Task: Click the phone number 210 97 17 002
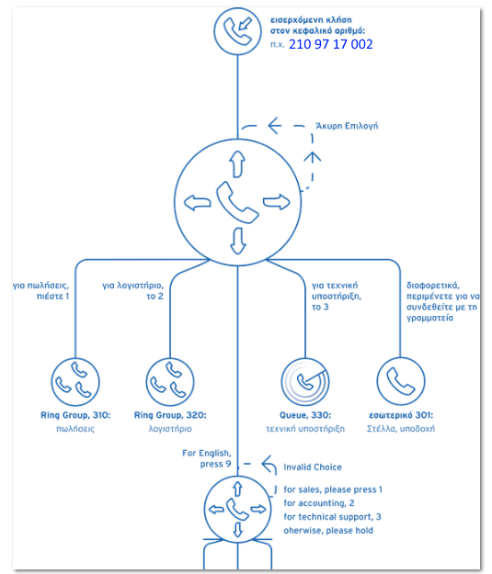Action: [331, 44]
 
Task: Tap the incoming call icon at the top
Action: [237, 31]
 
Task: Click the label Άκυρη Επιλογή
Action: [347, 126]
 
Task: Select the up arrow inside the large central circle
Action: [237, 164]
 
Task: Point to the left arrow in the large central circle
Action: [197, 203]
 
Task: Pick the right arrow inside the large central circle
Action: [277, 202]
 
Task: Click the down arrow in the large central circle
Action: [237, 241]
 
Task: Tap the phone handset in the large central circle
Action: [237, 202]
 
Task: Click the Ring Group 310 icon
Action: [75, 382]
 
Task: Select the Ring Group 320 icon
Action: [170, 382]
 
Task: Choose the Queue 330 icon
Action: [305, 382]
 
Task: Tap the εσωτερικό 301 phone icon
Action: [401, 381]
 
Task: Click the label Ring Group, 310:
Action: [75, 415]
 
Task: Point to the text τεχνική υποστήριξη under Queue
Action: [305, 429]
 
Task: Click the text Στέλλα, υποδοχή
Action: [401, 429]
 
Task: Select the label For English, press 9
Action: [207, 458]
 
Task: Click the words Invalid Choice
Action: [313, 467]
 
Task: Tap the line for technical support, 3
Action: [332, 517]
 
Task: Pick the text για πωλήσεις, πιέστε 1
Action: [41, 290]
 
